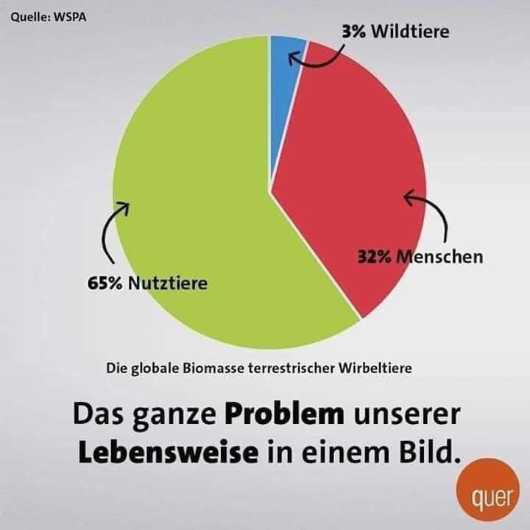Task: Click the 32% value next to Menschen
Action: point(375,257)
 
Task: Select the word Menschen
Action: point(442,257)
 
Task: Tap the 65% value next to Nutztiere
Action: point(105,283)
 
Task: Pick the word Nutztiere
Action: point(167,283)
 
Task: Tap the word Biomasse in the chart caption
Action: point(199,367)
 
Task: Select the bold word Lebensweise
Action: point(168,451)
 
